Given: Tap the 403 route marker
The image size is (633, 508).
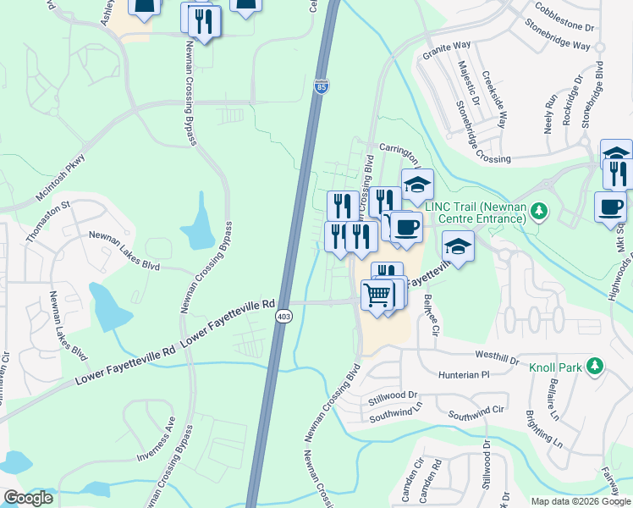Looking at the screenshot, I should (x=283, y=315).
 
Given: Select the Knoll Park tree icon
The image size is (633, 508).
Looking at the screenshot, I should (x=596, y=366).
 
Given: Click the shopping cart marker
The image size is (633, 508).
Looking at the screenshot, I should (x=376, y=295).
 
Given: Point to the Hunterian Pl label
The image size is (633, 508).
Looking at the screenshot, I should (x=464, y=373).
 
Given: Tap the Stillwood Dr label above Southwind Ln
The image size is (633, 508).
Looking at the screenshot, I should (x=394, y=395).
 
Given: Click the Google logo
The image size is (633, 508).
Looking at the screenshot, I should (x=28, y=498).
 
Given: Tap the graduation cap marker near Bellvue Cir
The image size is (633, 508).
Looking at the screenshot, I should (x=457, y=246).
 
